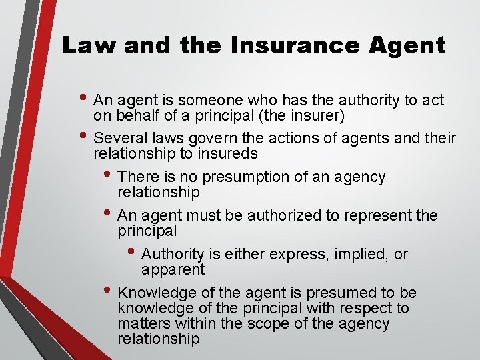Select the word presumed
tap(345, 293)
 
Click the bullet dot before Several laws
tap(85, 136)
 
